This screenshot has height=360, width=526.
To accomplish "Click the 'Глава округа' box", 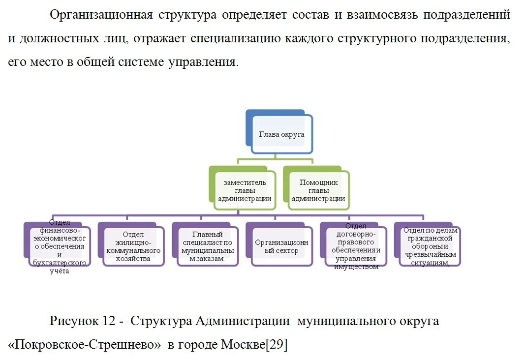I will click(281, 134).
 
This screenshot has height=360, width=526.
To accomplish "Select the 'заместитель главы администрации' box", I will click(245, 190).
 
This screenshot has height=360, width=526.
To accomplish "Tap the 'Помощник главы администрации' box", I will click(318, 190).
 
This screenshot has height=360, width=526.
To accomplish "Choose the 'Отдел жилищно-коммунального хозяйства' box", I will click(133, 246).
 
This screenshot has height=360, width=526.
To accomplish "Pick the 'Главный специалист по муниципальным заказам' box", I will click(208, 246).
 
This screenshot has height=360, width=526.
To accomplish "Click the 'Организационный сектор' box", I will click(281, 246).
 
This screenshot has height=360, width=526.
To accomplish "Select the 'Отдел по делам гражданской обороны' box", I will click(430, 246).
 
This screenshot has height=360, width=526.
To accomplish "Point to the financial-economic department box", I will click(59, 246).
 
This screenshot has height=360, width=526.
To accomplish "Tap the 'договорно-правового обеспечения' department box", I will click(356, 246).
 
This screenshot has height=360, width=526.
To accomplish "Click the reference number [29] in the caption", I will click(276, 345).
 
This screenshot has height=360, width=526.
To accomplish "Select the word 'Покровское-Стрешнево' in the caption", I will click(85, 345).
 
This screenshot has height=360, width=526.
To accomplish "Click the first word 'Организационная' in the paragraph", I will click(101, 14).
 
